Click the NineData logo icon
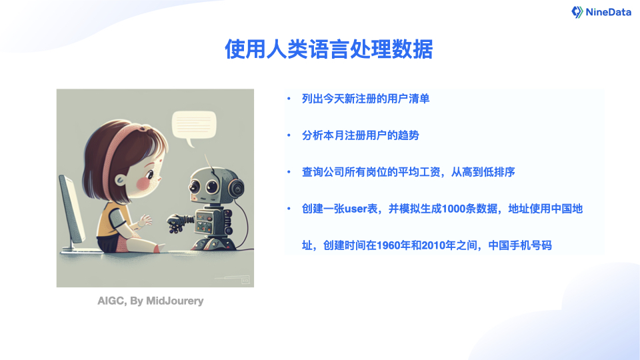tap(577, 12)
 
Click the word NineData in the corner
tap(608, 12)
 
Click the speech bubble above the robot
tap(194, 125)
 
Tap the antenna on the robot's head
tap(208, 160)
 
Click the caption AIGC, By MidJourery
tap(151, 301)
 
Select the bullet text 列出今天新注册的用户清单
tap(365, 99)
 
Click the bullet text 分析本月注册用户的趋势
tap(360, 135)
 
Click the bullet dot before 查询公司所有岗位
tap(289, 172)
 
